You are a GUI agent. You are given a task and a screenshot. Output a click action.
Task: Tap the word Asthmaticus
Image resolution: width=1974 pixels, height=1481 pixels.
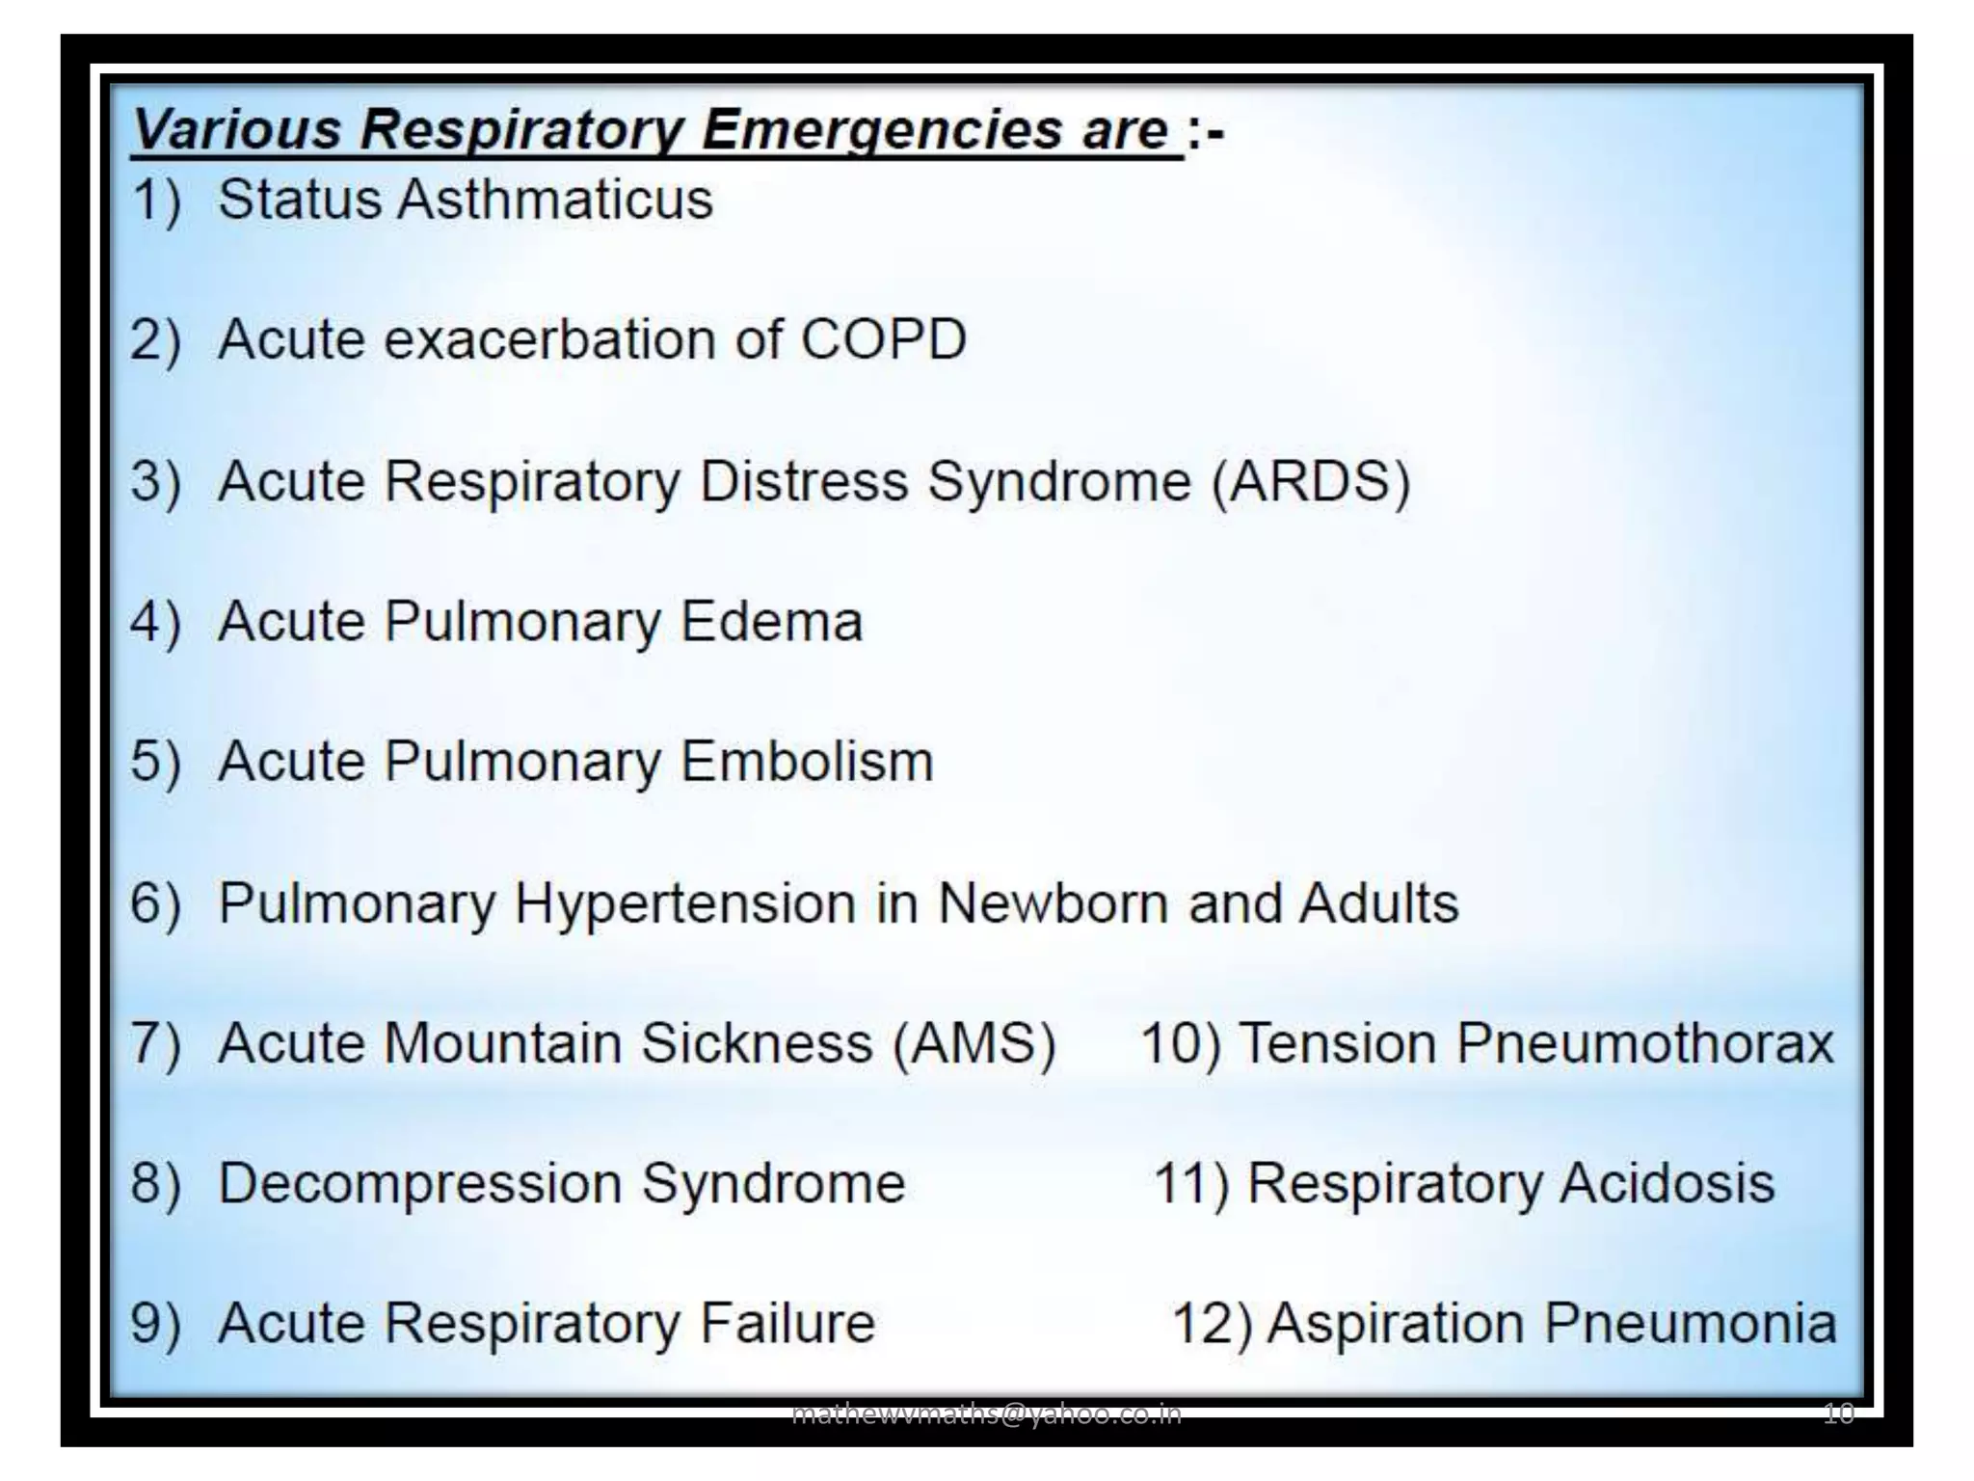555,200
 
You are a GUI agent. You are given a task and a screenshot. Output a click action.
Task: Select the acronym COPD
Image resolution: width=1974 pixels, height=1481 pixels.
884,339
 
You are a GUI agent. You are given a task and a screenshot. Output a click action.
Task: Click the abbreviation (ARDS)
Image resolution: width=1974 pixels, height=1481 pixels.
1311,480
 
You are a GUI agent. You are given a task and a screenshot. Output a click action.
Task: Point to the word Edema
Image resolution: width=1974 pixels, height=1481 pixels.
771,621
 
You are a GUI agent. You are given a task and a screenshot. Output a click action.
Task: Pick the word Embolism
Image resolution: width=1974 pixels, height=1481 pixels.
808,762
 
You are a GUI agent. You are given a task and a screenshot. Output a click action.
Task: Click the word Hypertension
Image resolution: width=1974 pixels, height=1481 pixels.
684,904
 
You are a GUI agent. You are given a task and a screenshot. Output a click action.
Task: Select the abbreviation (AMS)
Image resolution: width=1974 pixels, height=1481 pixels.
974,1043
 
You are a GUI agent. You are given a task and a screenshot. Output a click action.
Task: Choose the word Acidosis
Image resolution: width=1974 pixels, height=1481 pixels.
1667,1183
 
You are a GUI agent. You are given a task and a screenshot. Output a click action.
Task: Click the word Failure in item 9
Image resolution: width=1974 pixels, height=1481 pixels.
787,1323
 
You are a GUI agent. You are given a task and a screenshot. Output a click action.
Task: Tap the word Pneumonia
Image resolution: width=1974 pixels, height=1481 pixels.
1691,1323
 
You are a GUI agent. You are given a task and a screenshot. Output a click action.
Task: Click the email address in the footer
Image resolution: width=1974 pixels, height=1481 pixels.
985,1414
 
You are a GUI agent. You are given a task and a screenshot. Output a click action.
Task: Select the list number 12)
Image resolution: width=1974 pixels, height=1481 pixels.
1212,1323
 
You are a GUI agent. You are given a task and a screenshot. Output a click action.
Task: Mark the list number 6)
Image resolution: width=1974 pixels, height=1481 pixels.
155,904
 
